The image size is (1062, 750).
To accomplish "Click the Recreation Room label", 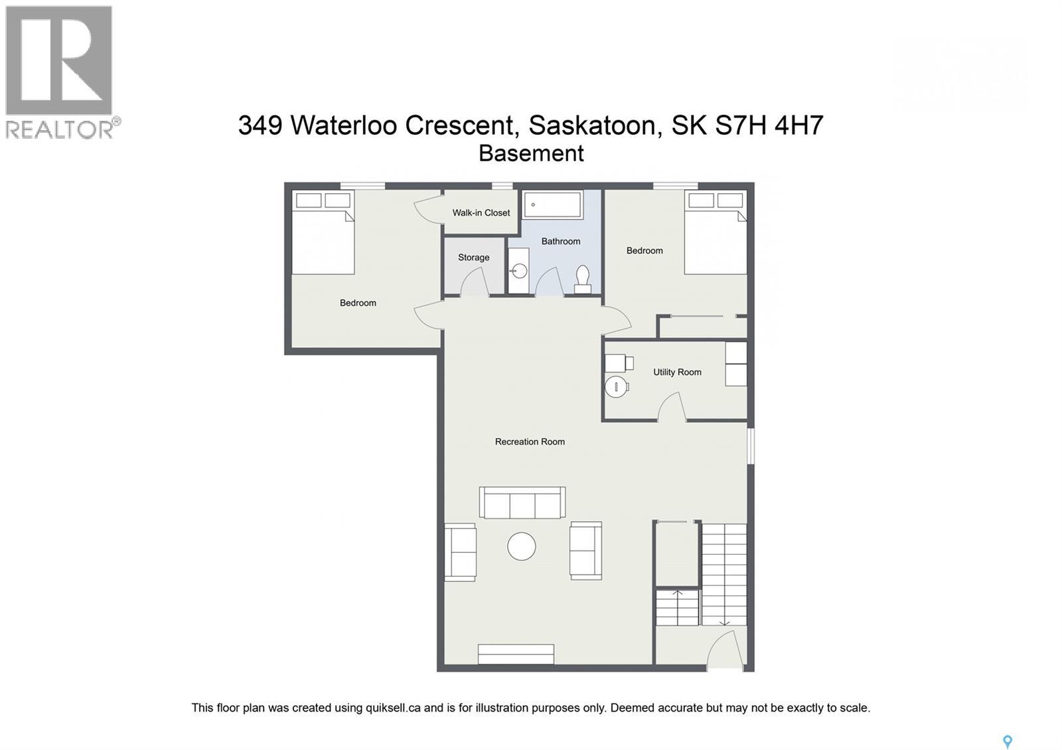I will tap(530, 441).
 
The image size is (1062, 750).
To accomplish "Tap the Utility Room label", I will tap(677, 372).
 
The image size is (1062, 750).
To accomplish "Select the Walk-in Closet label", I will tap(481, 212).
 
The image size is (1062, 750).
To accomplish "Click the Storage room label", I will tap(473, 258).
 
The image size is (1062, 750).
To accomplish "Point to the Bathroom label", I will tap(560, 241).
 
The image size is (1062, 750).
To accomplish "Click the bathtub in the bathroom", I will tap(552, 204).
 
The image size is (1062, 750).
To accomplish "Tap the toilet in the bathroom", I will tap(583, 279).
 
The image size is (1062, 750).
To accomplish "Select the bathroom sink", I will tap(519, 271).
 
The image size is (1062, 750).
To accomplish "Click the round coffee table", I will tap(522, 547).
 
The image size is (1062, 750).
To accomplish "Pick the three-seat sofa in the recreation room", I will tap(522, 503).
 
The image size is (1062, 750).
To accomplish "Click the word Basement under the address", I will tap(531, 153).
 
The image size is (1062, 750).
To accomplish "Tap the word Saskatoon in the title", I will tap(595, 125).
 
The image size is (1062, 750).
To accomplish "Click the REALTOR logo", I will tap(60, 72).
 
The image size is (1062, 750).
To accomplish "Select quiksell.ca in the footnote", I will tap(393, 708).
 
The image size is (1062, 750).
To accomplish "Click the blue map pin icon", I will tap(1007, 741).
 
